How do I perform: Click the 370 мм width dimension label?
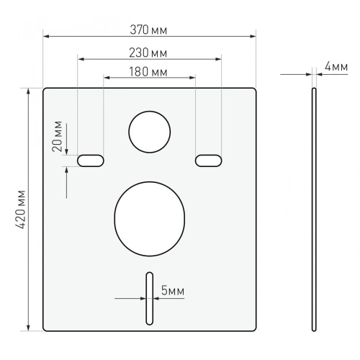150,30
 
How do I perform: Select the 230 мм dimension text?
150,53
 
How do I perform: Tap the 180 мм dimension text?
150,72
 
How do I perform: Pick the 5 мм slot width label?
172,291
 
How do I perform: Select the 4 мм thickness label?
336,66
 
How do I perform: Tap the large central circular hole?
150,218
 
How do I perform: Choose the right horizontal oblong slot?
208,160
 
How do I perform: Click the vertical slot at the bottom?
149,299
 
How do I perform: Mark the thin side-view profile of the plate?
314,209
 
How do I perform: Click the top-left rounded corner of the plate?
45,91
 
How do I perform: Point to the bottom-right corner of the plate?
254,328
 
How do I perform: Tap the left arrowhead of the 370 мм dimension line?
45,36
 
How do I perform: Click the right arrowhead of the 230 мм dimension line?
219,59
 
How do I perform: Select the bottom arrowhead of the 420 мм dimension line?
28,328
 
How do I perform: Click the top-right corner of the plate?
254,91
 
